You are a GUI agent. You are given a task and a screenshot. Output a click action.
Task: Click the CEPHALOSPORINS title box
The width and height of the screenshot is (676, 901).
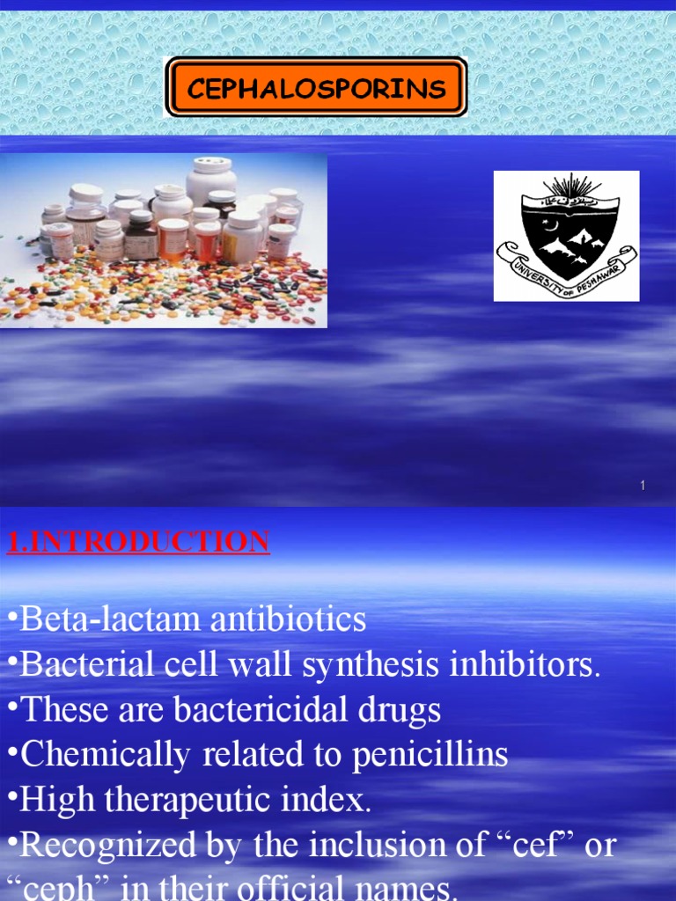pyautogui.click(x=316, y=87)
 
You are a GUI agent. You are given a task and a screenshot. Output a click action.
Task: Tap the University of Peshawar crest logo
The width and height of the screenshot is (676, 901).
pyautogui.click(x=566, y=235)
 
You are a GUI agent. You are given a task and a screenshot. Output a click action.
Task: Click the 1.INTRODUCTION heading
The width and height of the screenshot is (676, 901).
pyautogui.click(x=138, y=541)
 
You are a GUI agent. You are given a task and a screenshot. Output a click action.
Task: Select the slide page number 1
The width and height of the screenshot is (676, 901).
pyautogui.click(x=643, y=486)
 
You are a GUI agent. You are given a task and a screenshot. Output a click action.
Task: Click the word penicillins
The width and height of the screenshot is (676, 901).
pyautogui.click(x=430, y=755)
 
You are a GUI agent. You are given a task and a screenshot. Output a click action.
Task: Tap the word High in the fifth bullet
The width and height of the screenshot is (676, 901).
pyautogui.click(x=51, y=801)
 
